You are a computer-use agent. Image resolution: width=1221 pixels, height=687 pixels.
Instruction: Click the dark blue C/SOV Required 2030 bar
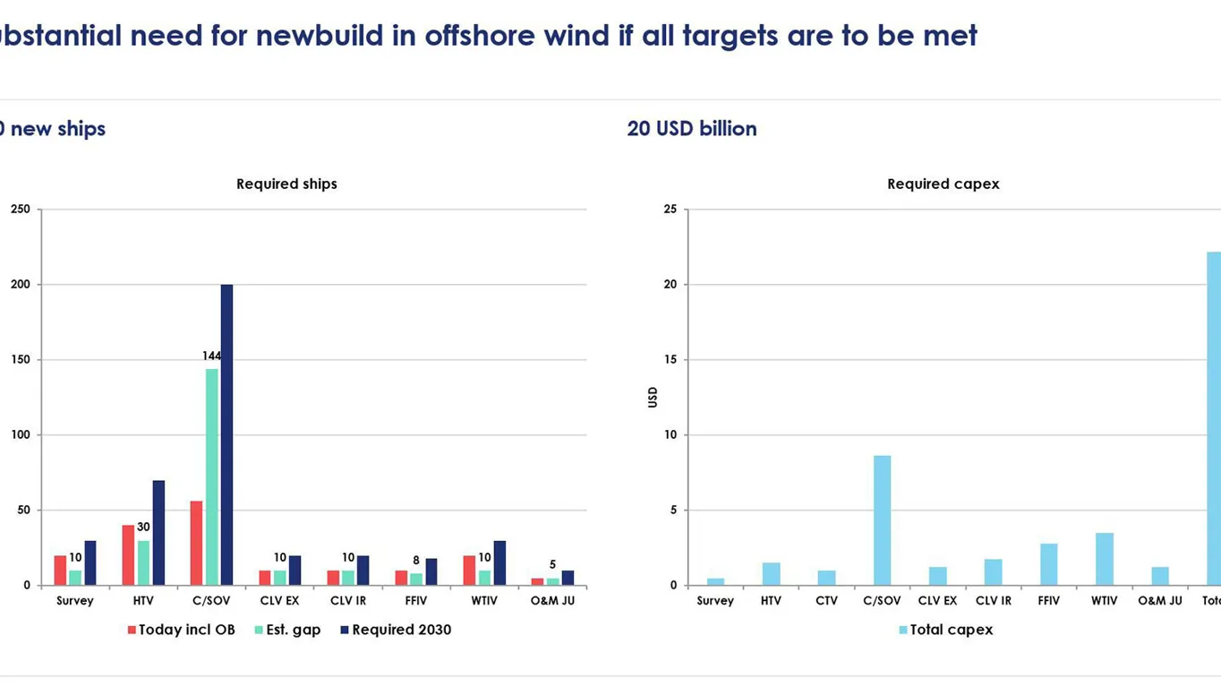[x=226, y=434]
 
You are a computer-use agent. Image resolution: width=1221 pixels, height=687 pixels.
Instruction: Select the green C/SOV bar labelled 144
[x=211, y=477]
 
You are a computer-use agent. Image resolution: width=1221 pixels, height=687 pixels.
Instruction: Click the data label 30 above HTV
[x=143, y=528]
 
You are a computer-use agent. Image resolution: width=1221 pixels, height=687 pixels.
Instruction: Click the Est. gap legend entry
[x=287, y=630]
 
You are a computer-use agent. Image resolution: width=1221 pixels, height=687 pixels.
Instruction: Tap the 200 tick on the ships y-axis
[x=20, y=285]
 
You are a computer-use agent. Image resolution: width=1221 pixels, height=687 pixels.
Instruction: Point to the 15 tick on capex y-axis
[x=670, y=360]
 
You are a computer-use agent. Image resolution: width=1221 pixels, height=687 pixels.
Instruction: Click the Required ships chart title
[x=286, y=184]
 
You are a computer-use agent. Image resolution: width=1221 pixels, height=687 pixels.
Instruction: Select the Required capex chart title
[x=943, y=184]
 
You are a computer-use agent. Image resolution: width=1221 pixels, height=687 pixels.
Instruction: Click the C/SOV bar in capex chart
[x=882, y=520]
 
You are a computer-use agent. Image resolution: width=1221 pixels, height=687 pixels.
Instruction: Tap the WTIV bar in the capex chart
[x=1104, y=559]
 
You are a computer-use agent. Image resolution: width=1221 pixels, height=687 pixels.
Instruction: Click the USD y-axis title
[x=653, y=397]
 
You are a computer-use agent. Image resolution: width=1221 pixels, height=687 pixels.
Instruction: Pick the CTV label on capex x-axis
[x=826, y=601]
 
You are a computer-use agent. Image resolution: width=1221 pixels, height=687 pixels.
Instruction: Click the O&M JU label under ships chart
[x=552, y=601]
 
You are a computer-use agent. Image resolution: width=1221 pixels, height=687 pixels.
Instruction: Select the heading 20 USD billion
[x=692, y=129]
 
